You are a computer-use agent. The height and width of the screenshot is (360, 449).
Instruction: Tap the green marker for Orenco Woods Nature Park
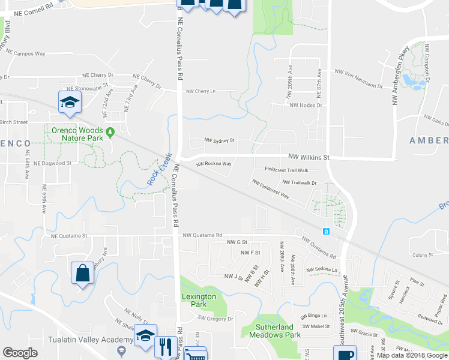coord(109,132)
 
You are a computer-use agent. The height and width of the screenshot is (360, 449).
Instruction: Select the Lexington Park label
coord(199,301)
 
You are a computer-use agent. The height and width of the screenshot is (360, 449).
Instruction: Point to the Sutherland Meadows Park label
coord(271,331)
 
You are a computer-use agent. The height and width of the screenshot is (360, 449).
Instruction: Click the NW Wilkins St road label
coord(309,157)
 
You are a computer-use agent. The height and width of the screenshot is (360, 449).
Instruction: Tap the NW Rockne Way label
coord(214,164)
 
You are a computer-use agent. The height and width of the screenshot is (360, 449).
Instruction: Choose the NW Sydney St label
coord(218,140)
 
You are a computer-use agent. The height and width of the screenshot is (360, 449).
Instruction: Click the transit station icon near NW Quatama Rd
coord(326,231)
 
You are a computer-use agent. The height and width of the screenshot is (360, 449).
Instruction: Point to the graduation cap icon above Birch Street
coord(70,102)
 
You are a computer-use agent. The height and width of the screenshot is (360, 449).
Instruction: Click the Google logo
coord(20,353)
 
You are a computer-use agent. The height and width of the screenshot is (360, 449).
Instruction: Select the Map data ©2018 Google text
coord(412,355)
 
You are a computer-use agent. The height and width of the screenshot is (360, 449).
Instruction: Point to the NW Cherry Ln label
coord(201,91)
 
